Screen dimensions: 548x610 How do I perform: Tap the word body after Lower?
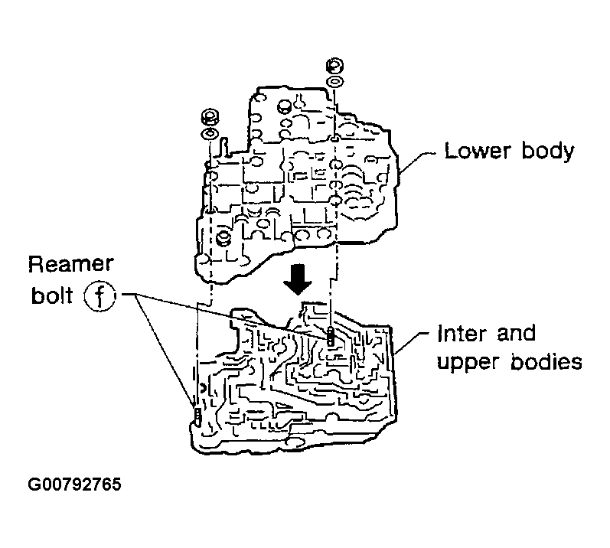[x=544, y=151]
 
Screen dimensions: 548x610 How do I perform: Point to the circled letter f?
[x=100, y=295]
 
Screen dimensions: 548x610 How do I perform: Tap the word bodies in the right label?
[x=545, y=361]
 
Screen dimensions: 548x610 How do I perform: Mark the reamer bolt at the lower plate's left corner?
[x=196, y=416]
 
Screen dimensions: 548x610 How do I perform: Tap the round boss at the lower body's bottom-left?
[x=224, y=238]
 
